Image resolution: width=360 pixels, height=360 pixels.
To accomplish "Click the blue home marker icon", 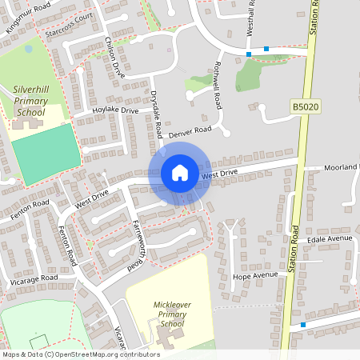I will (180, 173).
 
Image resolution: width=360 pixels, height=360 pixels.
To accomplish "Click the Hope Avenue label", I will (254, 276).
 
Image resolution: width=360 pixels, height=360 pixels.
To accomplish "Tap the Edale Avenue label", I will (329, 238).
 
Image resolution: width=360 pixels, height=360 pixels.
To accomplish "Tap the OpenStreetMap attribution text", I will (80, 354).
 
